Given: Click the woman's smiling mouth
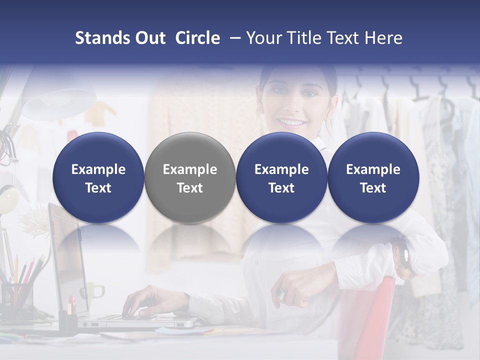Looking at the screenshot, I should (291, 122).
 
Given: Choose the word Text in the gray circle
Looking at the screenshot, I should (189, 188).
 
